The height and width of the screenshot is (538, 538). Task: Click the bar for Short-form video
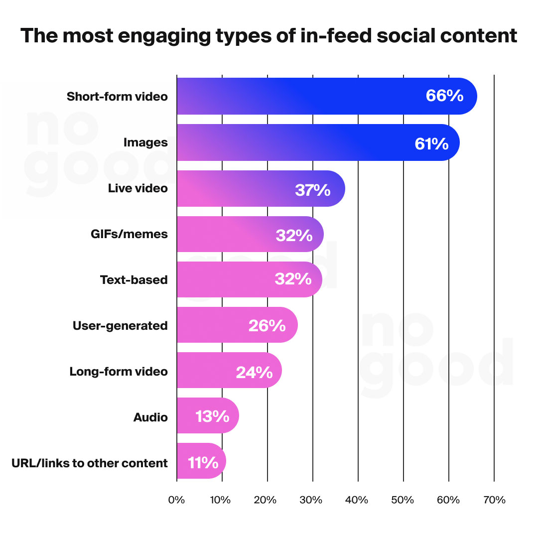[x=299, y=96]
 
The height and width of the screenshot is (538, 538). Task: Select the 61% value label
[x=431, y=144]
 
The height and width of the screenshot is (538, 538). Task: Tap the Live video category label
[x=138, y=189]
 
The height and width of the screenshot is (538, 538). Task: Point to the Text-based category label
[x=134, y=280]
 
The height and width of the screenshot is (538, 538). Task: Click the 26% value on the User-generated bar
[x=267, y=326]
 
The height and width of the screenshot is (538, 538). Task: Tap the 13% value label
[x=212, y=416]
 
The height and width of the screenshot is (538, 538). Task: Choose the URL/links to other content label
[x=90, y=463]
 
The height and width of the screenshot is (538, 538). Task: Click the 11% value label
[x=203, y=463]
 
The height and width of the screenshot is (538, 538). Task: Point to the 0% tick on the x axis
[x=176, y=500]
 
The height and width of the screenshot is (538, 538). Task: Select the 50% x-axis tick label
[x=403, y=500]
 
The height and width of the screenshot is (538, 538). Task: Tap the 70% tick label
[x=494, y=500]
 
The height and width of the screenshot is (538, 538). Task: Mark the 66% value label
[x=444, y=96]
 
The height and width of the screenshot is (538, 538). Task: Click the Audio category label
[x=150, y=417]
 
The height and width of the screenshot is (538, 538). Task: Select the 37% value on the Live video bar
[x=312, y=190]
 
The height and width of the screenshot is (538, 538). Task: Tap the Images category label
[x=145, y=143]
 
